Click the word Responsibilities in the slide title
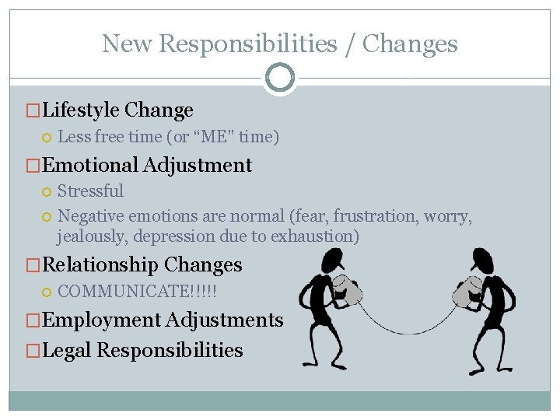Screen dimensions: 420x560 click(x=247, y=44)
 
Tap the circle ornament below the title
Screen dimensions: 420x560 click(x=280, y=78)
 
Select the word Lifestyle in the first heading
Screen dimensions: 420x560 click(x=82, y=110)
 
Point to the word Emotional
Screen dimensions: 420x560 click(x=89, y=165)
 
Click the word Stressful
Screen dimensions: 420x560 click(x=91, y=191)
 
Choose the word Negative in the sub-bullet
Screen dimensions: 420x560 click(x=91, y=216)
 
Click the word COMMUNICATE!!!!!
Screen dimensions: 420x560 click(x=138, y=292)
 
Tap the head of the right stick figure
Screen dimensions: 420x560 click(x=483, y=260)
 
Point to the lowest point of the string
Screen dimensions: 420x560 click(x=409, y=333)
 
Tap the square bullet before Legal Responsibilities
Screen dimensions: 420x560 click(x=33, y=350)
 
